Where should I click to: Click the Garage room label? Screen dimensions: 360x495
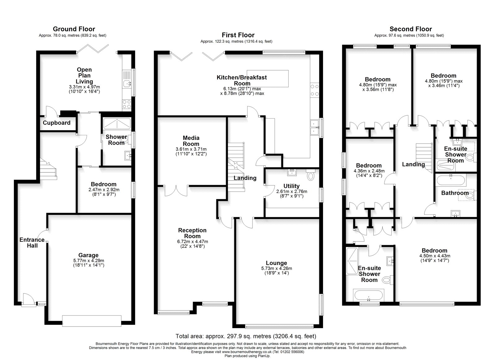click(x=88, y=255)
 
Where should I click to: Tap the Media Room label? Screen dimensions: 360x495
click(x=191, y=141)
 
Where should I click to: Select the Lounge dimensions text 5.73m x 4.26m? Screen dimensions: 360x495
click(x=277, y=268)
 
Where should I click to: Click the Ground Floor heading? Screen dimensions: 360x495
click(x=74, y=29)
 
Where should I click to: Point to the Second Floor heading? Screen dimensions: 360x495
click(x=411, y=29)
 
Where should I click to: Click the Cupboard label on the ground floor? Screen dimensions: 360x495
click(x=56, y=123)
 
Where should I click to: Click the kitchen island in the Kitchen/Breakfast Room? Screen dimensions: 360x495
click(x=268, y=79)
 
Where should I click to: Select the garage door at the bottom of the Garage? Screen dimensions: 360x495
click(x=92, y=321)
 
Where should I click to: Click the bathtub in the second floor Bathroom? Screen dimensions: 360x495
click(x=451, y=180)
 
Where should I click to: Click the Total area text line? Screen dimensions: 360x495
click(x=246, y=336)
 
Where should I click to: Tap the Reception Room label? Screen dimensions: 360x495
click(x=192, y=233)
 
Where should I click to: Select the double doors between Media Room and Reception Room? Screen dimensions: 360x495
click(x=176, y=190)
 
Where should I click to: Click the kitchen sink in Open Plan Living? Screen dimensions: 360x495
click(x=127, y=83)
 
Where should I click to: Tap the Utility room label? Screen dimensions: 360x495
click(x=291, y=186)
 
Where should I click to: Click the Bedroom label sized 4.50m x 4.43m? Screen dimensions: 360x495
click(x=434, y=250)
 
